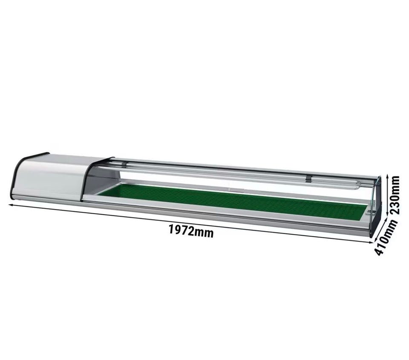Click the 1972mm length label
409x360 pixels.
[191, 230]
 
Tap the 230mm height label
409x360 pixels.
[395, 195]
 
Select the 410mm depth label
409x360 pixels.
[386, 237]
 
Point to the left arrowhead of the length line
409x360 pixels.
[11, 205]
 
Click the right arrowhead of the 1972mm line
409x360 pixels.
[372, 243]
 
